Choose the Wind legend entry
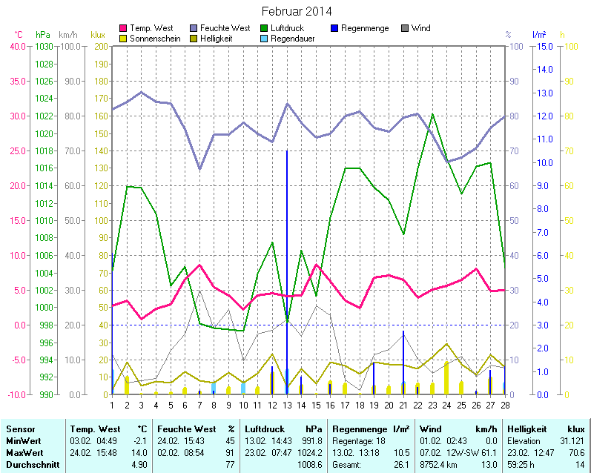[420, 28]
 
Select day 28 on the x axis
[504, 404]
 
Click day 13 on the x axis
[286, 404]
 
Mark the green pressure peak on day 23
[432, 114]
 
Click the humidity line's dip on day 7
[199, 169]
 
